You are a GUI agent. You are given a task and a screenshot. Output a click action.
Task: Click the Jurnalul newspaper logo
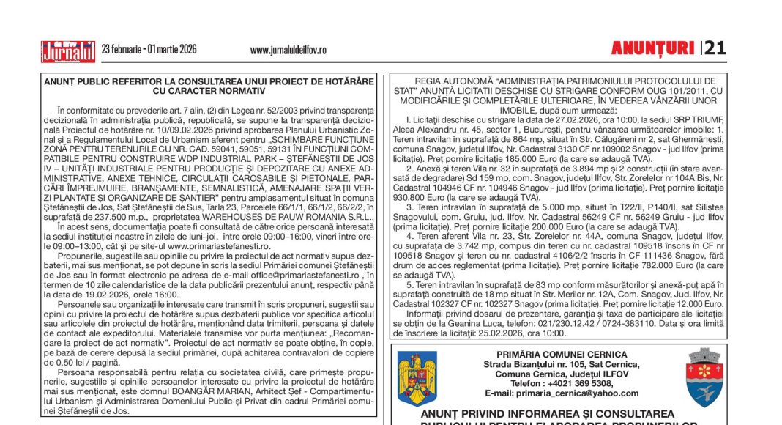click(68, 51)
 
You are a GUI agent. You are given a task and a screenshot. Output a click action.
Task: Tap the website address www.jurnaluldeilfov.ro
click(288, 50)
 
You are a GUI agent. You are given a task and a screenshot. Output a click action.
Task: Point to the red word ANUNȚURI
click(652, 48)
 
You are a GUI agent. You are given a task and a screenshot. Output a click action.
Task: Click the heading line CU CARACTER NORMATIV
click(209, 91)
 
